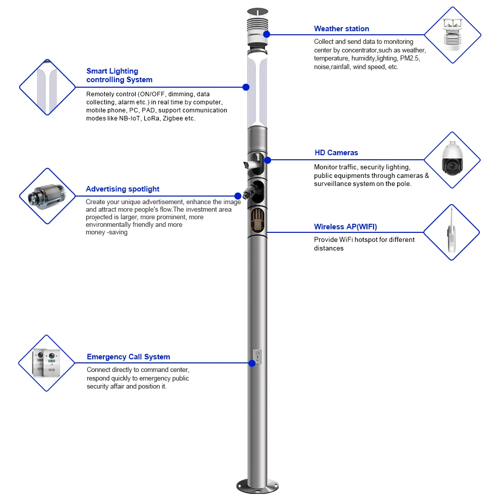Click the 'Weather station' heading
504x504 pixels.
341,29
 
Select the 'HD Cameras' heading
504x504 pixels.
336,153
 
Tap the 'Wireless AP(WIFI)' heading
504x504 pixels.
345,227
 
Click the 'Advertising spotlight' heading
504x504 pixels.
122,189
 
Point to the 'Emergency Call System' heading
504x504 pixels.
128,357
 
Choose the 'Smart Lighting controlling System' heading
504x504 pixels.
119,76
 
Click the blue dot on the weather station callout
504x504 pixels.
267,34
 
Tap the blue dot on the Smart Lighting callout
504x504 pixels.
246,87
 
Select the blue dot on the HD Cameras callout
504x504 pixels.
268,160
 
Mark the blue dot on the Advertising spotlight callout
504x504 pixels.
238,196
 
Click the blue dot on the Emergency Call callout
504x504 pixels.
251,363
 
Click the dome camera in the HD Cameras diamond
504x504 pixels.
452,160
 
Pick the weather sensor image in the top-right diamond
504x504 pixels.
452,35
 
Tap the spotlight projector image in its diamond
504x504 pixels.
46,196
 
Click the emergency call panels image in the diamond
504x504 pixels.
46,363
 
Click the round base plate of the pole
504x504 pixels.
258,486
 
